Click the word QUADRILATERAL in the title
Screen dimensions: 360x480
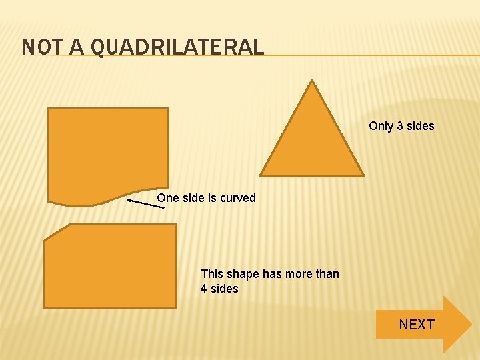pos(177,47)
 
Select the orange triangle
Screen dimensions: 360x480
pos(312,143)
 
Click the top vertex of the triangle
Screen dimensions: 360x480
pos(312,81)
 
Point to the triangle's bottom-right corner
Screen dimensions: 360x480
pos(363,175)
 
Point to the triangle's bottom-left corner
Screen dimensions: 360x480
pos(261,175)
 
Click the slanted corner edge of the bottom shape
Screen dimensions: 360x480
pos(56,231)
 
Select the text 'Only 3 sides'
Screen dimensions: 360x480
pos(401,126)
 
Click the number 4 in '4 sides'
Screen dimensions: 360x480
pos(204,289)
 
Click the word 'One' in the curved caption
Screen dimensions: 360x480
pos(167,198)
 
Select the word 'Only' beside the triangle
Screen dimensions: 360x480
pos(381,126)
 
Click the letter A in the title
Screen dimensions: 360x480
pos(77,47)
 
